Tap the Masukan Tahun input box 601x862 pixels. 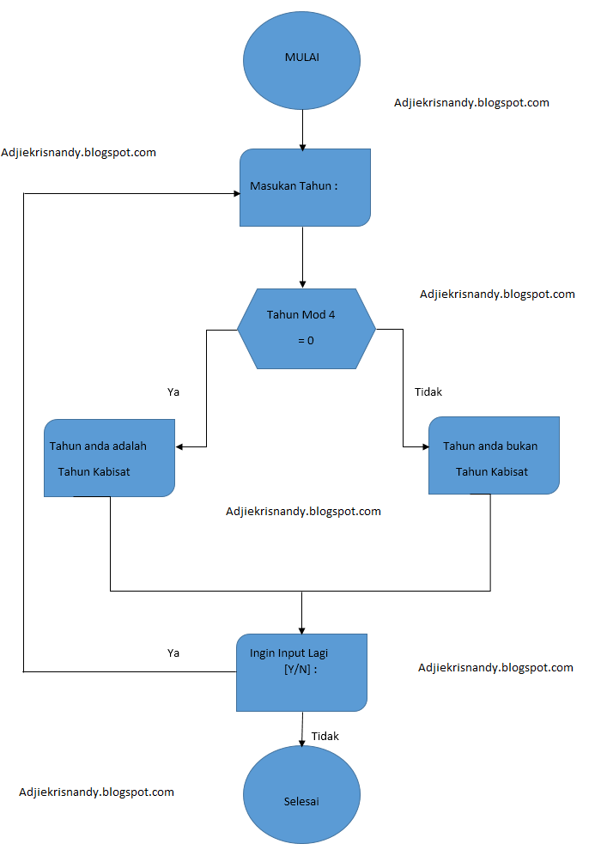point(305,187)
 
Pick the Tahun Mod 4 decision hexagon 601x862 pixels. point(306,328)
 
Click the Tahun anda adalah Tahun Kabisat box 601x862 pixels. point(109,458)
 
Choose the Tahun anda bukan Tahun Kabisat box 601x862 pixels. point(494,456)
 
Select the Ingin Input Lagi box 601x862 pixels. point(301,672)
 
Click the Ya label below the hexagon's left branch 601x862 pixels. point(173,392)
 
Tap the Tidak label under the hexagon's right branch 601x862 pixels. point(428,392)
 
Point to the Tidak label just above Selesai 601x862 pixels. point(325,737)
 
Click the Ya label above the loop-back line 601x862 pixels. point(173,653)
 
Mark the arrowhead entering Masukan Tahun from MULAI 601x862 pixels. point(302,147)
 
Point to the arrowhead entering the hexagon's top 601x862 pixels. point(302,283)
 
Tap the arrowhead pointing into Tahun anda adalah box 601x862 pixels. point(180,447)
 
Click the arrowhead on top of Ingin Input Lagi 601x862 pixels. point(302,629)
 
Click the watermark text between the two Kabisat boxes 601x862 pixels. point(303,511)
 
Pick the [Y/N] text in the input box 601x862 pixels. point(300,670)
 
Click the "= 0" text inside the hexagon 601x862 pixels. point(306,341)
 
